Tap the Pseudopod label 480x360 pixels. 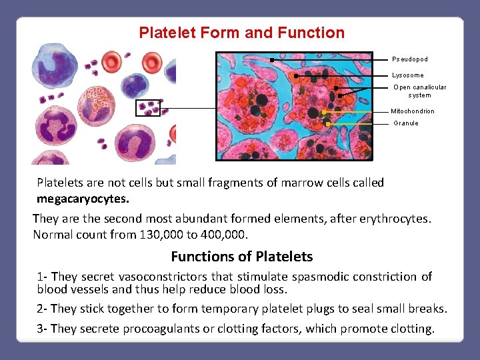tap(409, 59)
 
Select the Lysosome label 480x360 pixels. tap(407, 75)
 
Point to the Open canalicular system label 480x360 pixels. tap(419, 91)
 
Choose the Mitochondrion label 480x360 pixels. tap(412, 111)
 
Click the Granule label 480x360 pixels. tap(405, 123)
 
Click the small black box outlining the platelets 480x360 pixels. tap(148, 108)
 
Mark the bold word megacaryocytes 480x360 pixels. tap(83, 199)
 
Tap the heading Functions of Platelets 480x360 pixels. tap(241, 257)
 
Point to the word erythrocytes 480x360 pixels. tap(397, 219)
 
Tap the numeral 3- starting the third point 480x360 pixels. tap(43, 329)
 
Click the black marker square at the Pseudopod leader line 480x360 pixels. tap(272, 60)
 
